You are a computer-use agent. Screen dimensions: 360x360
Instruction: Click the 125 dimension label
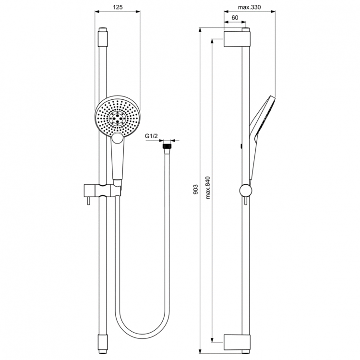point(118,7)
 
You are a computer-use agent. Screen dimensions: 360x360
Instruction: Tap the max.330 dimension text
point(249,7)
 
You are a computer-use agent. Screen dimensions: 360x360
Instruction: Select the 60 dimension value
point(235,18)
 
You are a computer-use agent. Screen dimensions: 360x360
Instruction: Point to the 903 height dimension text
point(195,190)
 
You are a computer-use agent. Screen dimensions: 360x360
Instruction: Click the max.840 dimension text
point(207,188)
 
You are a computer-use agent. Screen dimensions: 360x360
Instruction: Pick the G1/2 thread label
point(151,136)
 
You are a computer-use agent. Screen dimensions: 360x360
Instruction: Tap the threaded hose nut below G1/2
point(167,146)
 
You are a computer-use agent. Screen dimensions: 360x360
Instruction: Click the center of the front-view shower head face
point(117,118)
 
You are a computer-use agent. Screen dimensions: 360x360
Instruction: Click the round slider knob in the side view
point(246,191)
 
